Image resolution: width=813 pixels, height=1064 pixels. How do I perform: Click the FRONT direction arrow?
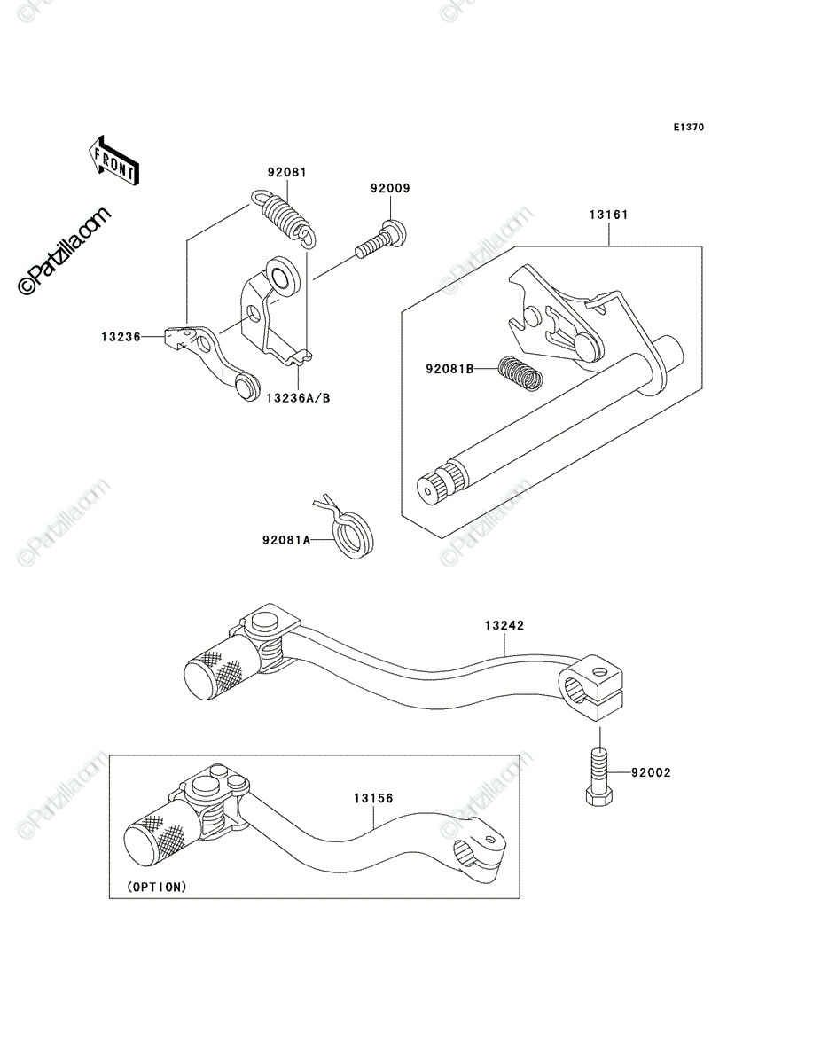coord(113,160)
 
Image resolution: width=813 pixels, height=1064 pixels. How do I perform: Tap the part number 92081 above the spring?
coord(287,173)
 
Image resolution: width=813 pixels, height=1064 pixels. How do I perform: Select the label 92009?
coord(390,188)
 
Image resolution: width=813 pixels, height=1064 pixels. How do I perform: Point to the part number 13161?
coord(608,215)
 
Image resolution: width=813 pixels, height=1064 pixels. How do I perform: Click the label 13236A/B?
coord(299,398)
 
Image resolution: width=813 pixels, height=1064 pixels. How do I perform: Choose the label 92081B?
coord(449,369)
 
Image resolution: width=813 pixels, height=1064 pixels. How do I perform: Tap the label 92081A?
coord(286,539)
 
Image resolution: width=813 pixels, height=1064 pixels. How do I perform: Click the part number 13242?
coord(504,626)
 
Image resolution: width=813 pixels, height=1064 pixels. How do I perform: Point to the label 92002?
coord(651,772)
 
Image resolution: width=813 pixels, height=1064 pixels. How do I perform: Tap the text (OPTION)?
coord(157,887)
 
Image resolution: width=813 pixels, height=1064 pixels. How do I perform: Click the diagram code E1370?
coord(689,128)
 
